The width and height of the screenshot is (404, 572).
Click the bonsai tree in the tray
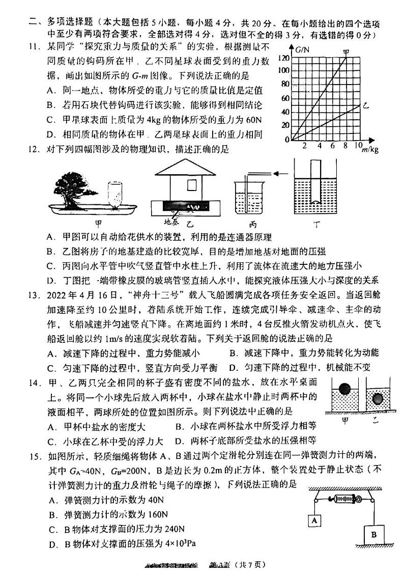(x=76, y=183)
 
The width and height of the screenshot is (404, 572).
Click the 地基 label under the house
(x=170, y=221)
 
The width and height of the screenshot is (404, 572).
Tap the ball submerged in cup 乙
(x=378, y=398)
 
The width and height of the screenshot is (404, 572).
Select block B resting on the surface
(x=373, y=534)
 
